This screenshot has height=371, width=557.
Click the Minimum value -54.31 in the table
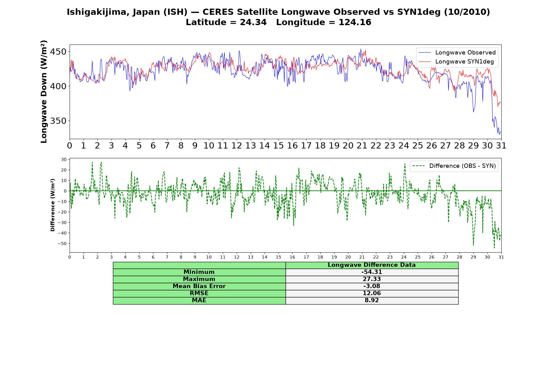(x=372, y=272)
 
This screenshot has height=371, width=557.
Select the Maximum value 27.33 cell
(x=372, y=279)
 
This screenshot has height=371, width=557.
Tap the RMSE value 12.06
(x=372, y=293)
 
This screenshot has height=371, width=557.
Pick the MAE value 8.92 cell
(x=372, y=301)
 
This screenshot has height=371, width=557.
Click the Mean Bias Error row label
(x=199, y=286)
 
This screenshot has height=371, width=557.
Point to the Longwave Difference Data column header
(x=372, y=265)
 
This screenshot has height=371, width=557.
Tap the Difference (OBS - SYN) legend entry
(x=454, y=166)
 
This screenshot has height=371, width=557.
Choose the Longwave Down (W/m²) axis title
(x=44, y=92)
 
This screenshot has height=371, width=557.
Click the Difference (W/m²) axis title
(x=53, y=205)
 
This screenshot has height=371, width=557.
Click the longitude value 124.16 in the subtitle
(x=355, y=22)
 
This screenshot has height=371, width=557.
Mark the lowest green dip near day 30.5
(x=494, y=248)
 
